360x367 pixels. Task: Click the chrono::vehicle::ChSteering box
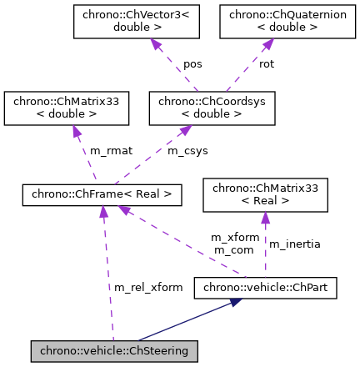coord(114,351)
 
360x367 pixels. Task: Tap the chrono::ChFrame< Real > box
coord(102,195)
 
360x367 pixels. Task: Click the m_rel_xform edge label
coord(148,288)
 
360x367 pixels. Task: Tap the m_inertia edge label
coord(293,244)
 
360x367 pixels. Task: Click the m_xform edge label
coord(235,237)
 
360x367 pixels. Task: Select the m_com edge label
coord(233,249)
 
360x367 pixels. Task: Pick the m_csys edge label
coord(187,151)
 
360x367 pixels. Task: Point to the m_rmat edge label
coord(112,151)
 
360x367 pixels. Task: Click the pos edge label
coord(192,63)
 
